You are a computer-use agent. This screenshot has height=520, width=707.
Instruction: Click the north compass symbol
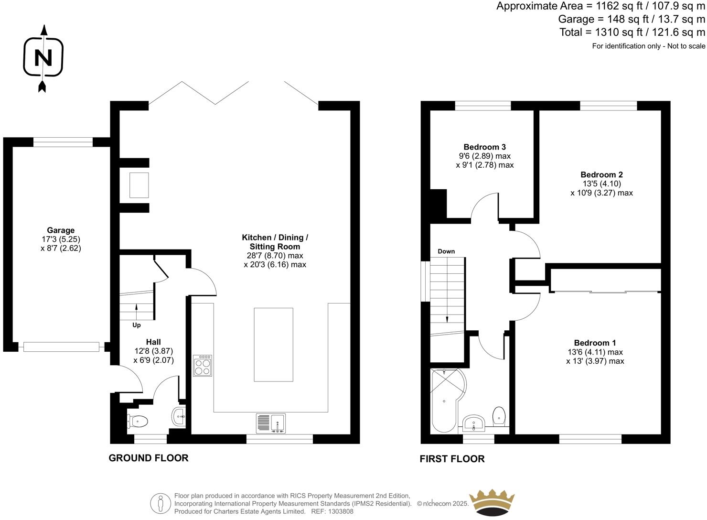[x=43, y=58]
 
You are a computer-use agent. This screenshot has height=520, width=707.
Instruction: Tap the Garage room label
[x=61, y=230]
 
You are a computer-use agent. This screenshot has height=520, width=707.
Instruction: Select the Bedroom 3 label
[x=484, y=147]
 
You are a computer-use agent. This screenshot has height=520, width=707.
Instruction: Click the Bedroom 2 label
[x=601, y=175]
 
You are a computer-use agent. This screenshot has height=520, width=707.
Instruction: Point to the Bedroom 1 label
[x=595, y=343]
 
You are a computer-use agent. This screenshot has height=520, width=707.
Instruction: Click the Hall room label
[x=153, y=342]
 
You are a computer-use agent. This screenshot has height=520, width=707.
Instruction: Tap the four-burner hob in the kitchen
[x=203, y=366]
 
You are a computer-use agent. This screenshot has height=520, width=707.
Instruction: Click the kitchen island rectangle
[x=273, y=345]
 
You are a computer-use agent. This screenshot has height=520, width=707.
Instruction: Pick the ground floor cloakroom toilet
[x=138, y=421]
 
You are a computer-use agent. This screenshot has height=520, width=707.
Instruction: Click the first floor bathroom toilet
[x=499, y=416]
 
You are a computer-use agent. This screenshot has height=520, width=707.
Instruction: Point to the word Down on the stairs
[x=446, y=251]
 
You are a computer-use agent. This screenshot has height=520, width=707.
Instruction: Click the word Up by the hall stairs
[x=137, y=325]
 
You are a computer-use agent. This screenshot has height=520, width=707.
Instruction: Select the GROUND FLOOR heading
[x=149, y=458]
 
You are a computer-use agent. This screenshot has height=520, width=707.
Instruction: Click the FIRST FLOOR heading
[x=452, y=459]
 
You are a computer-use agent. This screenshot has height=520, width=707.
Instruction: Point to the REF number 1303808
[x=339, y=511]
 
